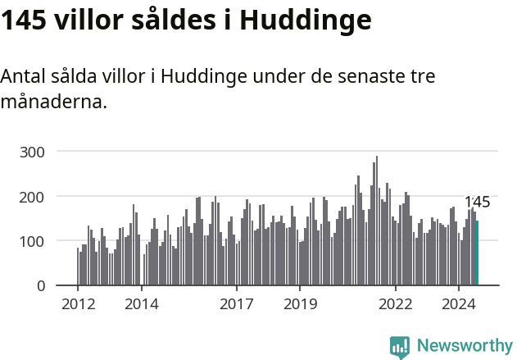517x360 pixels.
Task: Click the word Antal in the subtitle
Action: [x=23, y=76]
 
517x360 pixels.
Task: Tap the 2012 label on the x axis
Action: [x=78, y=304]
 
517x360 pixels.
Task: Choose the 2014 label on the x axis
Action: [x=141, y=304]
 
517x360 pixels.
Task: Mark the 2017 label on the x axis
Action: [x=236, y=304]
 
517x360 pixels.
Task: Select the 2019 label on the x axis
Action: [x=300, y=304]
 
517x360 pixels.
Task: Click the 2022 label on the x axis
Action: [x=396, y=304]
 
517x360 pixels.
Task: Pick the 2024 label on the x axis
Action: [x=459, y=304]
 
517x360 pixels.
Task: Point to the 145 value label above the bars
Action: [x=477, y=202]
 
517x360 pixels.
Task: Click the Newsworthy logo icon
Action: [x=400, y=347]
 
